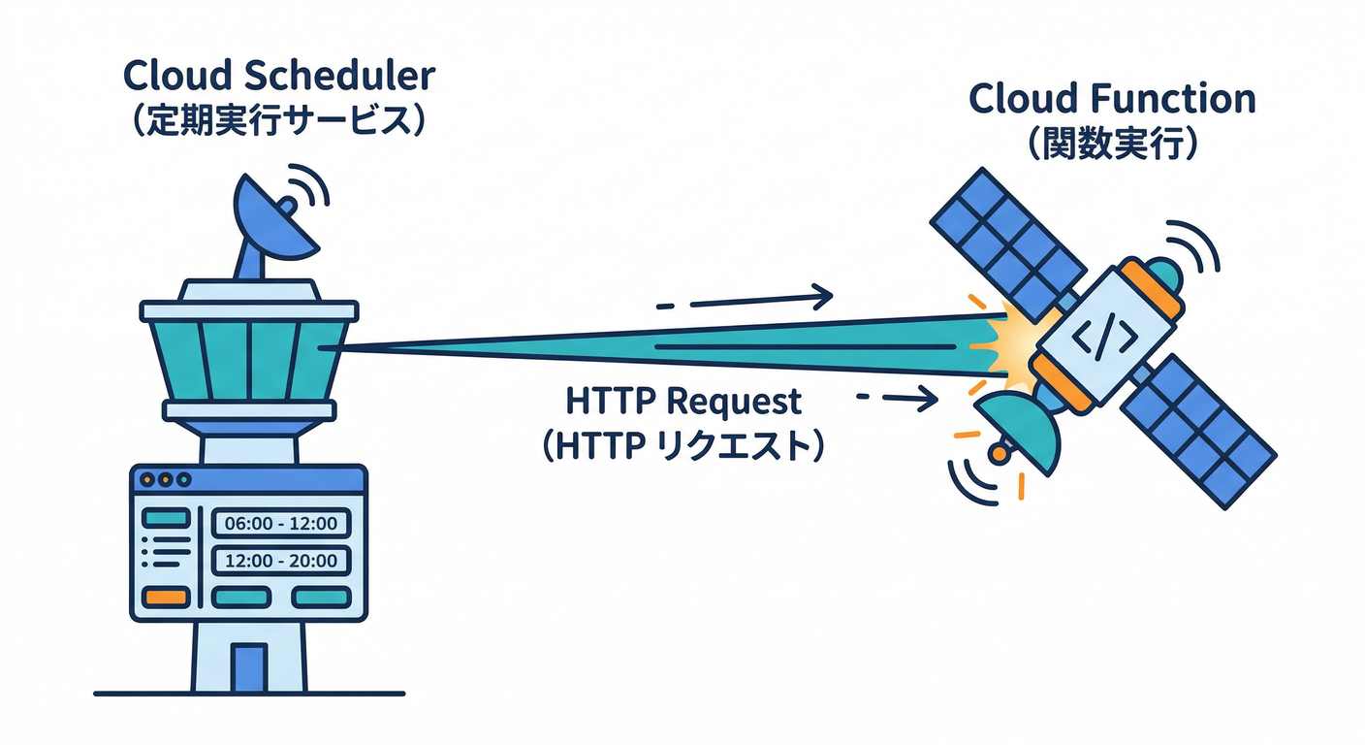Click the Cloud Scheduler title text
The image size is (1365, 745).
[x=279, y=76]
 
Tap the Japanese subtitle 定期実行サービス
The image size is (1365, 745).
[x=279, y=122]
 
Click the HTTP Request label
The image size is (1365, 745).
[x=684, y=400]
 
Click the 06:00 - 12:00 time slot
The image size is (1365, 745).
[x=280, y=524]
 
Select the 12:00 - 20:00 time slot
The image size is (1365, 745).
[x=280, y=561]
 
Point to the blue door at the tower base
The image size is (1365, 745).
[x=249, y=666]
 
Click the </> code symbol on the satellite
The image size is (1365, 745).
[x=1105, y=336]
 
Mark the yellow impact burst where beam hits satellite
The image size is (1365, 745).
[x=1008, y=344]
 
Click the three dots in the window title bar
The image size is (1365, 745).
[x=164, y=479]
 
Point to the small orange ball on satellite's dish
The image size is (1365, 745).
[x=996, y=454]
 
